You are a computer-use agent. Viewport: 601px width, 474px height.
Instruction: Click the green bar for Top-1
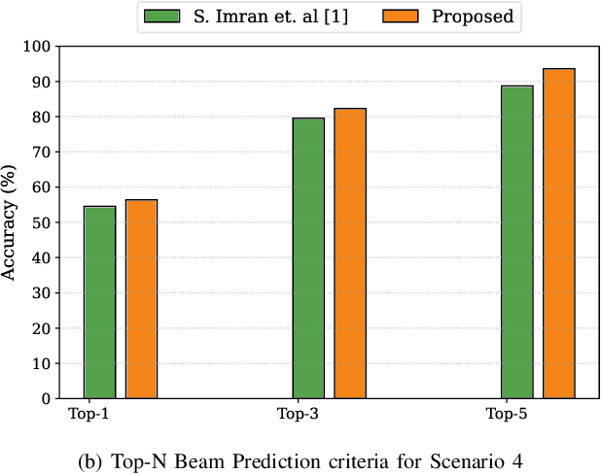99,302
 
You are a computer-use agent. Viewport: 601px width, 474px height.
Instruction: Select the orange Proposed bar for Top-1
141,298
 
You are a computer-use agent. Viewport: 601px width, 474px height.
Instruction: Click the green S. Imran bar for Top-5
517,242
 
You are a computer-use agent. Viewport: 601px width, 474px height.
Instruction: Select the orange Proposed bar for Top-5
559,233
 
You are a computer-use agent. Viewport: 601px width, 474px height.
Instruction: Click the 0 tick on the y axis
43,398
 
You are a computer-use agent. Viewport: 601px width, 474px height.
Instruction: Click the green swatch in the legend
161,17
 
